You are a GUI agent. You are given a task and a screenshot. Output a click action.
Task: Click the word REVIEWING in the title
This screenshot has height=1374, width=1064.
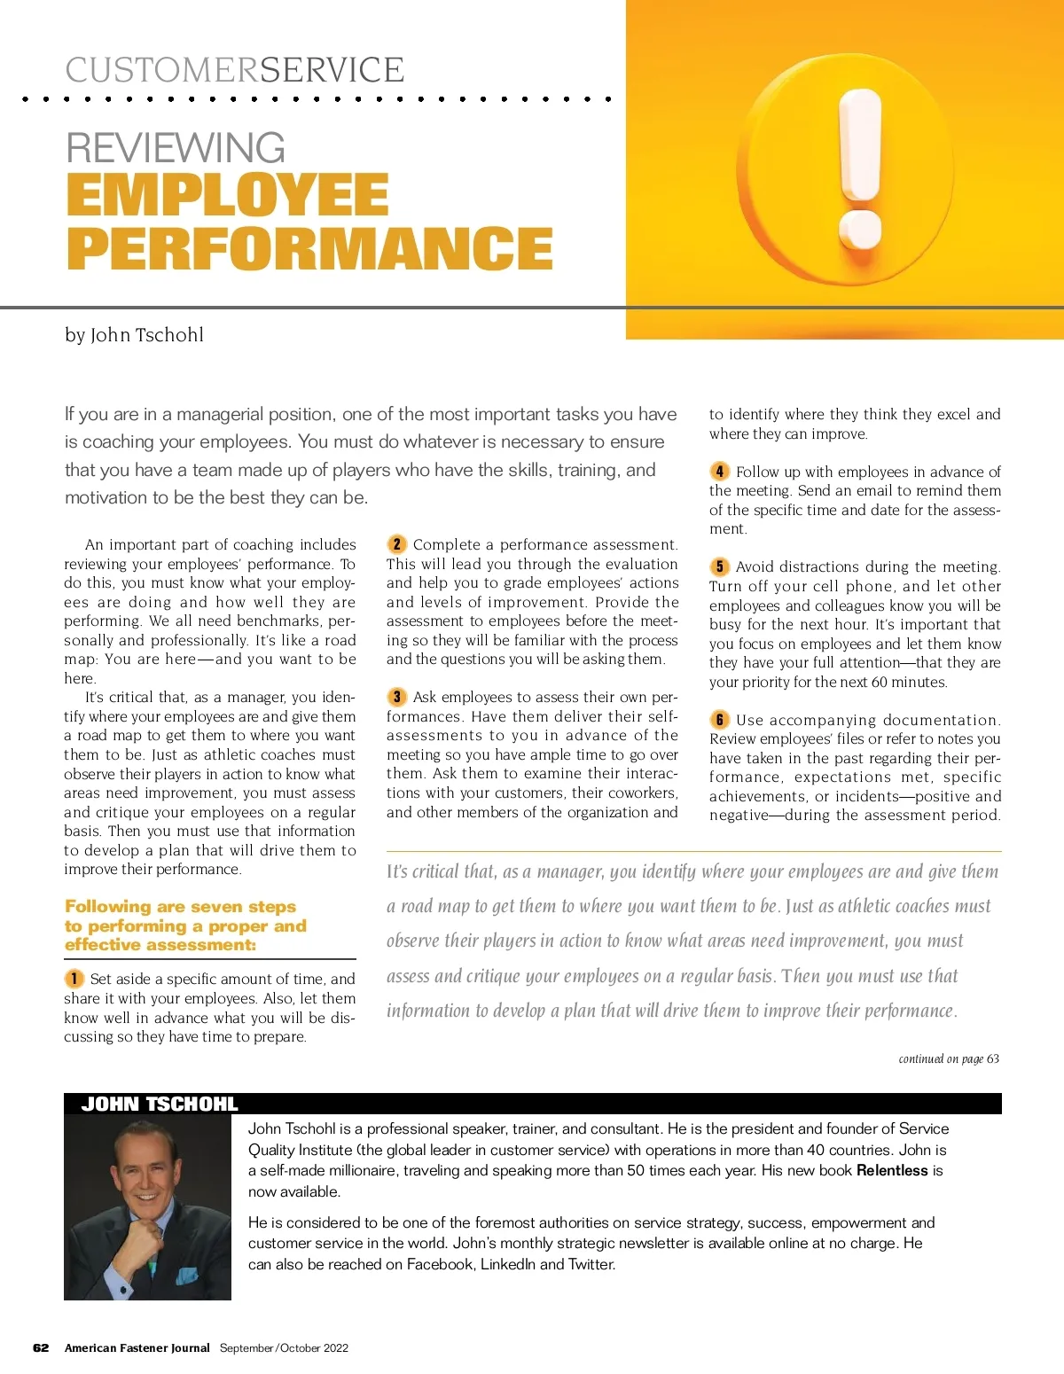coord(176,148)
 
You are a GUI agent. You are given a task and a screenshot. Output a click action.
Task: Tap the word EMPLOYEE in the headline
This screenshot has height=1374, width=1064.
coord(228,195)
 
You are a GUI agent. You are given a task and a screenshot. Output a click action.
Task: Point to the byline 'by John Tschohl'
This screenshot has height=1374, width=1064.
coord(134,335)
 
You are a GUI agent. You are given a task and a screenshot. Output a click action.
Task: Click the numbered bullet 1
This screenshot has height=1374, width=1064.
coord(74,979)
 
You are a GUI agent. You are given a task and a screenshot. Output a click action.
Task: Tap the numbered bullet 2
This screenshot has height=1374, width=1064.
coord(396,544)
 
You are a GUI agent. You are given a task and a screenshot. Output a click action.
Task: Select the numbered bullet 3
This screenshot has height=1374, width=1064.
coord(396,697)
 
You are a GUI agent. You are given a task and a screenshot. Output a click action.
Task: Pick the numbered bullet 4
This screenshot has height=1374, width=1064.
coord(719,472)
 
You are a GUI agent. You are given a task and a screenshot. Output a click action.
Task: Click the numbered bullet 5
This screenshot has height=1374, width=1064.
coord(719,566)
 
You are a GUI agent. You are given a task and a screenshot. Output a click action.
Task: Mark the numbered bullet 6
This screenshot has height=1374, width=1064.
coord(719,720)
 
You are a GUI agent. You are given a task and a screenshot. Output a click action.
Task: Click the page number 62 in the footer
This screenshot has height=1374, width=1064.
coord(41,1348)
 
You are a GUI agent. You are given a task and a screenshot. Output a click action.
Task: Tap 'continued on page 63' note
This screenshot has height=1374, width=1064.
coord(948,1058)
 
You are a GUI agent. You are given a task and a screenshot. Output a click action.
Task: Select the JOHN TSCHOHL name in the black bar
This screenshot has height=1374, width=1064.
coord(160,1104)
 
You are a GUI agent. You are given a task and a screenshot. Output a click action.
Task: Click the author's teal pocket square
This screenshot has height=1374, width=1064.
coord(186,1276)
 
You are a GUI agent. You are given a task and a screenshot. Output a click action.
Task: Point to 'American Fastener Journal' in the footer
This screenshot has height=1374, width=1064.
coord(137,1348)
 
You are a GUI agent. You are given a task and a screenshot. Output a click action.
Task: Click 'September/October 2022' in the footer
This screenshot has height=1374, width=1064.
coord(284,1348)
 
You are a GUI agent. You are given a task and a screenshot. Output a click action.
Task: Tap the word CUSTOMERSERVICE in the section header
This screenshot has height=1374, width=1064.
coord(235,70)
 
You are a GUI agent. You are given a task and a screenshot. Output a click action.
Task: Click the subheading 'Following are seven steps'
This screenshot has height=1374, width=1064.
coord(181,907)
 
